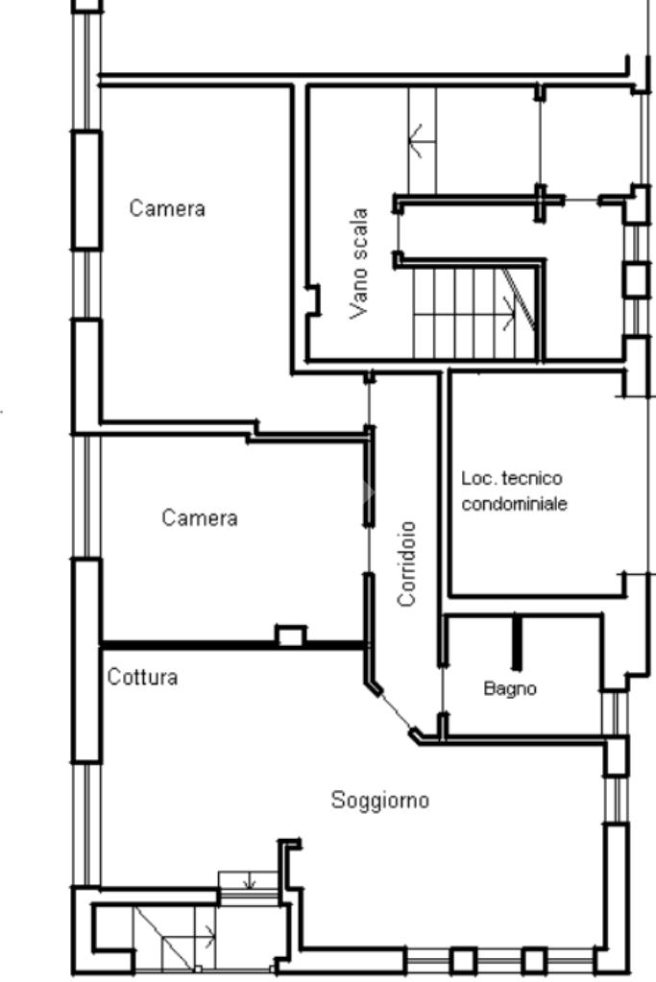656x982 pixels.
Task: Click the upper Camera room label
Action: tap(167, 208)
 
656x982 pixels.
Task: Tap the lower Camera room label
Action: tap(199, 517)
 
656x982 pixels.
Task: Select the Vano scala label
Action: tap(359, 264)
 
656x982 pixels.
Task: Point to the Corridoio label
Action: tap(406, 563)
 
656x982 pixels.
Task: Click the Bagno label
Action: tap(510, 689)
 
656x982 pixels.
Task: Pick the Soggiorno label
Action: tap(379, 801)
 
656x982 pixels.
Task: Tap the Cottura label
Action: tap(142, 677)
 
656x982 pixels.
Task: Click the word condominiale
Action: tap(515, 504)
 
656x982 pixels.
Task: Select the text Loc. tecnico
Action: tap(512, 478)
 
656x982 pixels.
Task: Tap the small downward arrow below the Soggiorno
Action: tap(250, 880)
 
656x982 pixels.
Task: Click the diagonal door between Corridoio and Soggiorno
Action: tap(395, 710)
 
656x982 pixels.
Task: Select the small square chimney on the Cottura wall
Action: tap(291, 635)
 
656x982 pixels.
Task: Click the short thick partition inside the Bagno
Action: tap(517, 642)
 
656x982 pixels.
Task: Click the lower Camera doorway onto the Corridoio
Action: tap(369, 549)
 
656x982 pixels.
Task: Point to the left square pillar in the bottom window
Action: tap(463, 961)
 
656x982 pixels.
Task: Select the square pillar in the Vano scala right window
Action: tap(635, 280)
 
